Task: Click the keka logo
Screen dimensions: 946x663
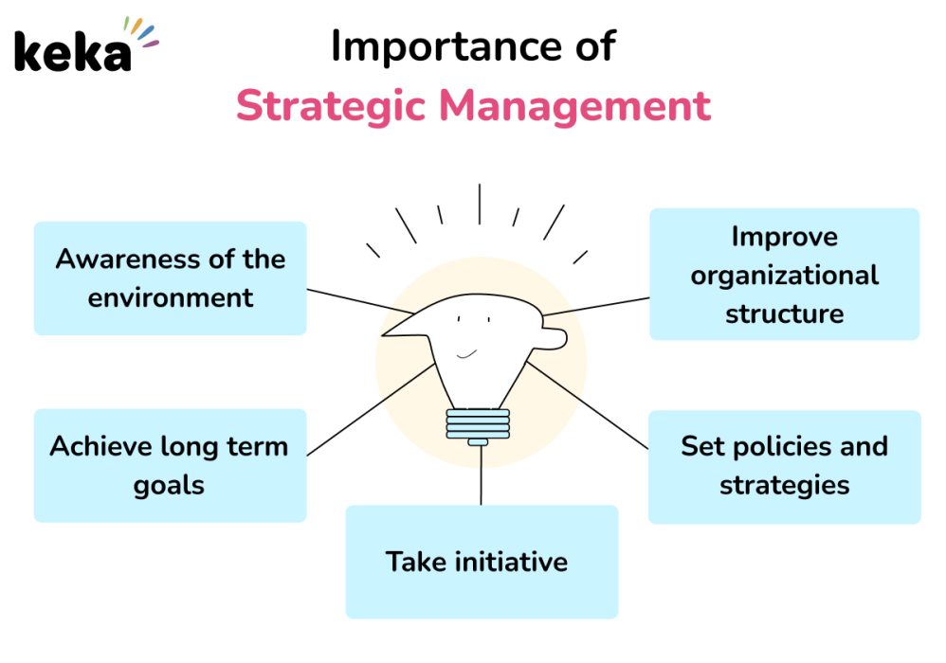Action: point(85,45)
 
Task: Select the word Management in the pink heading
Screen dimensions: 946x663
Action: point(575,106)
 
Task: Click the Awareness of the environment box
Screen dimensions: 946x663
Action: point(170,278)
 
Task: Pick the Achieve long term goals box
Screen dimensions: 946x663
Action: point(170,465)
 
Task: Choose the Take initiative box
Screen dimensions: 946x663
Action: point(482,562)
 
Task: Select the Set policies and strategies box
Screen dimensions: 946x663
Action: point(784,467)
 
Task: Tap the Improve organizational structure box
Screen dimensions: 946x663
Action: point(784,275)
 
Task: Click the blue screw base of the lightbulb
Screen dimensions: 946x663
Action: point(478,427)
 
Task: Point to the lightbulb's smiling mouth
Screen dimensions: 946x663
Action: point(466,354)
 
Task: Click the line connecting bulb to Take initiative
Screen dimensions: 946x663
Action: point(481,475)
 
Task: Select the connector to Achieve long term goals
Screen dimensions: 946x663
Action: point(371,410)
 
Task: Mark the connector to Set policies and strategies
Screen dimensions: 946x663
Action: point(587,405)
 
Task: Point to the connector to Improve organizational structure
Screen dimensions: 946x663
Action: point(596,306)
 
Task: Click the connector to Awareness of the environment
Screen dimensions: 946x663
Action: point(360,301)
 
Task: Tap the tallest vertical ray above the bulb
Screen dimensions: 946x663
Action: point(480,205)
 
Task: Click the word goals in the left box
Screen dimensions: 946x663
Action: point(169,486)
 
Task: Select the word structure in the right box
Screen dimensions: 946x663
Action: point(784,314)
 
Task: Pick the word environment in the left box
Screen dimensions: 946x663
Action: point(170,297)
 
